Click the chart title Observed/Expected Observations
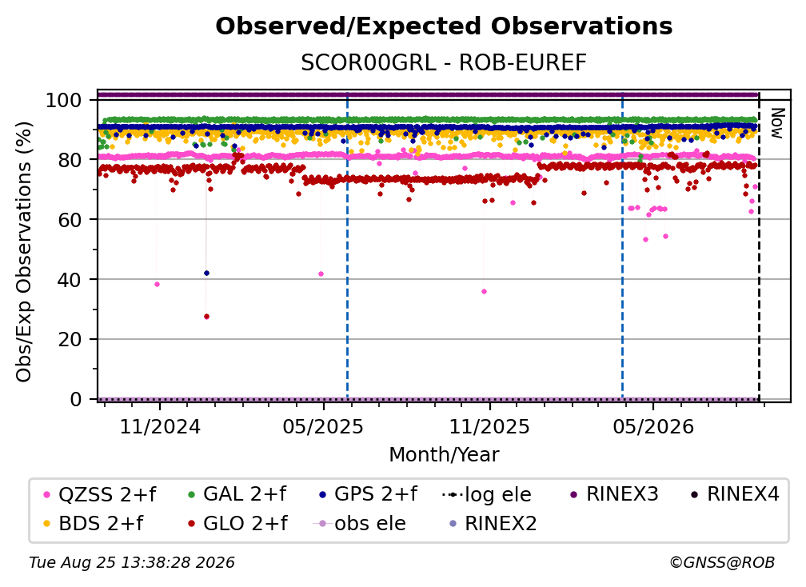444,26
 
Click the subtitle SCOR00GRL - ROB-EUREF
444,63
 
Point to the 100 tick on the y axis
64,100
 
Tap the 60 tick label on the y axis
70,219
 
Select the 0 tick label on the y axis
76,399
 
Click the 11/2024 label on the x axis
160,426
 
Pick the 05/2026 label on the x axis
653,426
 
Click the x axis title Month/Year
444,455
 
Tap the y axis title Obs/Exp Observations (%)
24,252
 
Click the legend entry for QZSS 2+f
100,494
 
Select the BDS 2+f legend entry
94,524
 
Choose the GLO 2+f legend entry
238,524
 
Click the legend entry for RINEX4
735,494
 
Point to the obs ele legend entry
360,524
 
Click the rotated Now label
776,123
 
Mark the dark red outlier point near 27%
206,317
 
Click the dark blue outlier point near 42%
206,273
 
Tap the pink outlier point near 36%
484,291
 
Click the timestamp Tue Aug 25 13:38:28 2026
132,563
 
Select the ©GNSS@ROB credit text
722,563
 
